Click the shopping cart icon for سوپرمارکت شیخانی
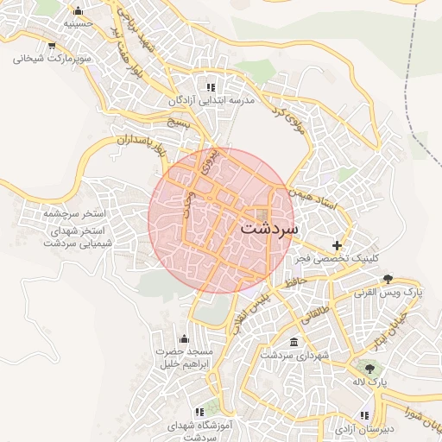pyautogui.click(x=53, y=46)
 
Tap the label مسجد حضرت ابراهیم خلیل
pyautogui.click(x=183, y=358)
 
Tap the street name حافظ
pyautogui.click(x=294, y=278)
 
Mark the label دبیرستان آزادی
pyautogui.click(x=363, y=429)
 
